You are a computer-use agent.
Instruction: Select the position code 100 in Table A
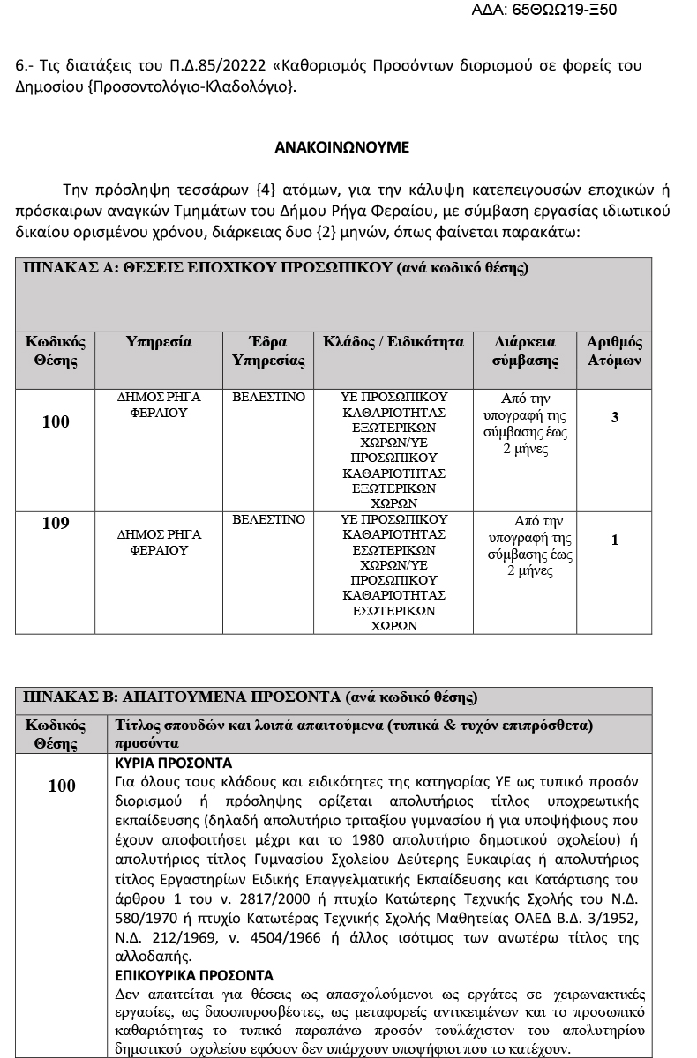[x=56, y=422]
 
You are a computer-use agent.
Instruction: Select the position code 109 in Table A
[x=56, y=524]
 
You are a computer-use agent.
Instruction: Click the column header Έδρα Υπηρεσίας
[x=268, y=351]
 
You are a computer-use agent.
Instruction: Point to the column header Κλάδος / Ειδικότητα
[x=393, y=342]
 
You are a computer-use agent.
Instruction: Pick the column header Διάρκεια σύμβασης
[x=525, y=351]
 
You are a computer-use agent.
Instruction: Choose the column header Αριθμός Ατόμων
[x=615, y=351]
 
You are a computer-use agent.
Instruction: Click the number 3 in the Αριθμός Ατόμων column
[x=615, y=417]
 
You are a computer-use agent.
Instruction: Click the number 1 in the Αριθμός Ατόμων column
[x=615, y=540]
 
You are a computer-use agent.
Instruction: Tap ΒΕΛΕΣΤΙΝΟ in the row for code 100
[x=268, y=398]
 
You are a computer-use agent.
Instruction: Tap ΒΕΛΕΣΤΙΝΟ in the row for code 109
[x=268, y=519]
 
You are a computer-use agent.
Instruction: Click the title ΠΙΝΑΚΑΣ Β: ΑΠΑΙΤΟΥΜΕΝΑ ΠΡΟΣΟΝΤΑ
[x=250, y=697]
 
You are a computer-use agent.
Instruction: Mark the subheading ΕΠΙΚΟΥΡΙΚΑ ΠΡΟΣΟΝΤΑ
[x=194, y=975]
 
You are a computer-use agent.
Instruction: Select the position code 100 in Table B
[x=62, y=786]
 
